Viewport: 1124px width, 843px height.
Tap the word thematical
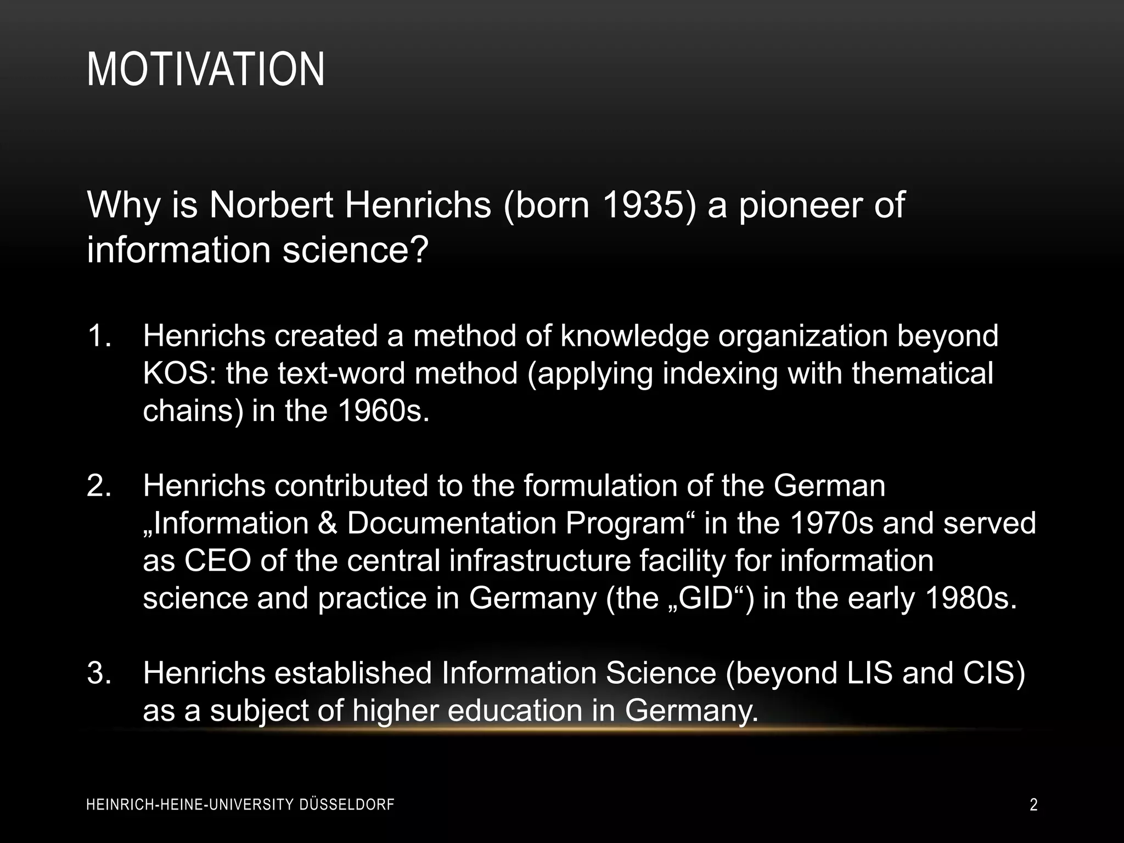click(x=923, y=374)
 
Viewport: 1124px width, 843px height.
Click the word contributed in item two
click(x=351, y=486)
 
